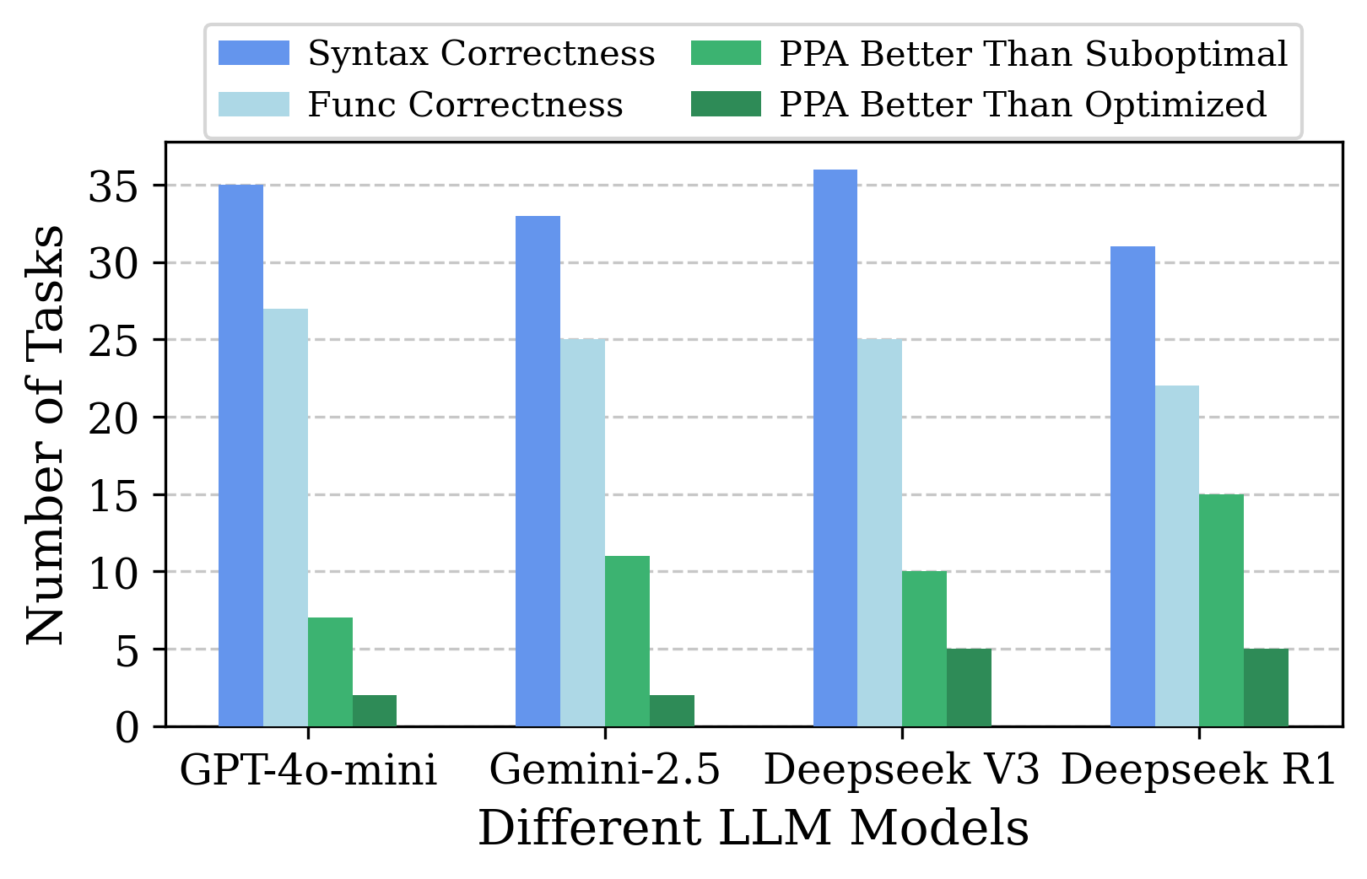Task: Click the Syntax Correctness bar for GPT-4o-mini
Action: coord(240,456)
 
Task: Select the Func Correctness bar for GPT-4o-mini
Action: coord(285,517)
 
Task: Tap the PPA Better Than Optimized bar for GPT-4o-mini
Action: coord(375,710)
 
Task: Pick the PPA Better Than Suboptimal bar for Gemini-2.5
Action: coord(627,641)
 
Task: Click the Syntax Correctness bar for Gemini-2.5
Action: coord(538,471)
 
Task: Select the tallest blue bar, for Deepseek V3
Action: coord(835,447)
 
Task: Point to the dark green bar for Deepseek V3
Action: coord(969,688)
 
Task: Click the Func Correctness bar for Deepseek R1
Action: coord(1177,556)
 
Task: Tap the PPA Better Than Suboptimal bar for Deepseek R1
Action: coord(1221,610)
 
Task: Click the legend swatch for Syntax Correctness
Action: coord(253,53)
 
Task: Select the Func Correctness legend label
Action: coord(465,105)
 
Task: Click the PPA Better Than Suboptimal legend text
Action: coord(1034,53)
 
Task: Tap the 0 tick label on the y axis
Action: coord(127,727)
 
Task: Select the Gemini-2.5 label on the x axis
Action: coord(604,770)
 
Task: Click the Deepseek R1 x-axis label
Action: coord(1198,770)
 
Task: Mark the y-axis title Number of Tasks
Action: coord(44,434)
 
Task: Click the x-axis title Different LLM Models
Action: coord(753,828)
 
